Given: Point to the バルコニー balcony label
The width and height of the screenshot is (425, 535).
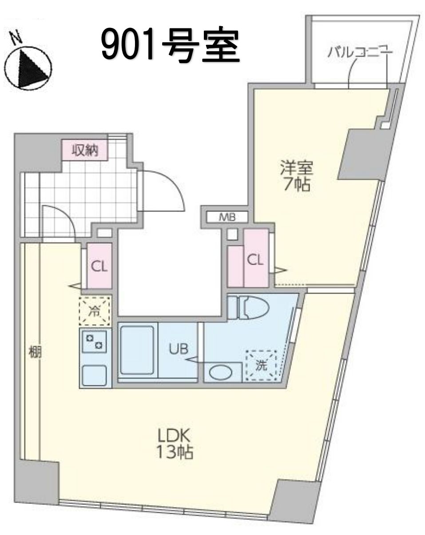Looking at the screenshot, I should [x=360, y=52].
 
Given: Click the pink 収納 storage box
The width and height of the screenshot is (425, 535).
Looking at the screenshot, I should [x=85, y=151].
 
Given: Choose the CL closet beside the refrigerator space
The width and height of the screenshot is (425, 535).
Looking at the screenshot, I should [x=99, y=266].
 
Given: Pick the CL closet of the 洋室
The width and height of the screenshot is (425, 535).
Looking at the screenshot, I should [x=255, y=260].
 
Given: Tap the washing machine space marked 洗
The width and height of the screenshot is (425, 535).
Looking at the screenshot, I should [x=262, y=366].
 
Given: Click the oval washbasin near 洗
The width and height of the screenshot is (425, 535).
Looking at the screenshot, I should [x=221, y=372].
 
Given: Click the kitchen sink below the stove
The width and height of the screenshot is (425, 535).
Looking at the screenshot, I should [x=94, y=375].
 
